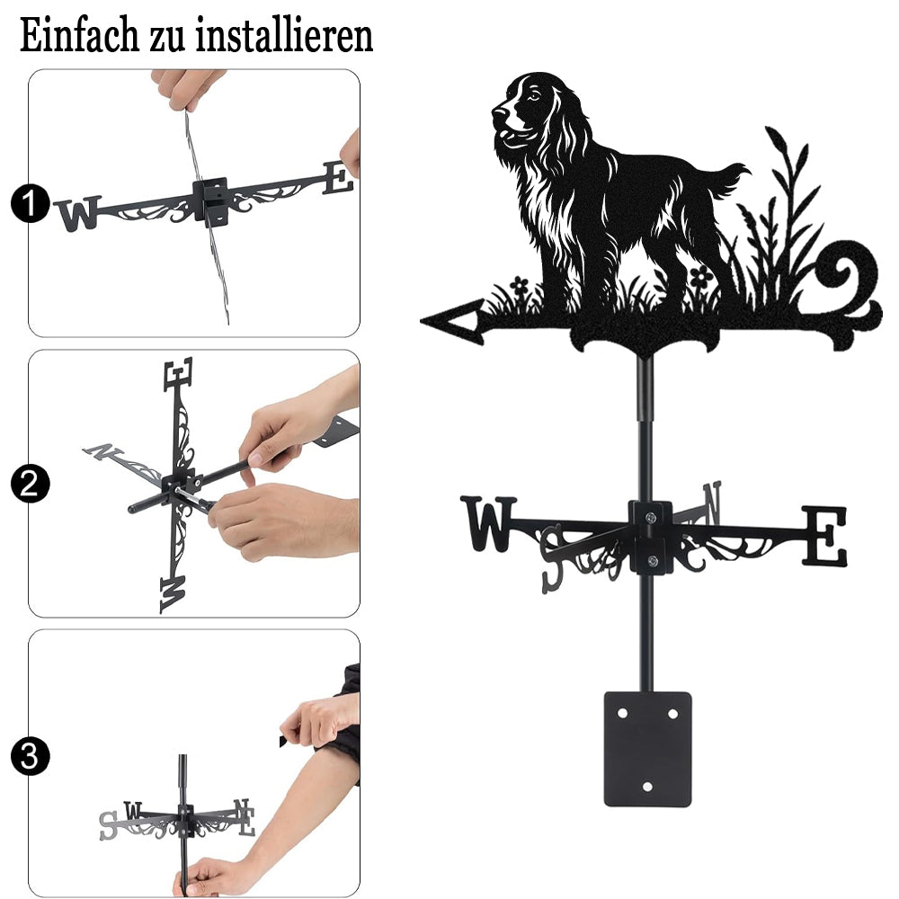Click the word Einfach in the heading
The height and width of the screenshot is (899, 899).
click(x=79, y=36)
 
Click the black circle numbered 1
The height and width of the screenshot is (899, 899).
click(x=30, y=203)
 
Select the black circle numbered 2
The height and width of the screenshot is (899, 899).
click(x=30, y=484)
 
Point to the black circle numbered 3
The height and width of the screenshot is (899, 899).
click(x=30, y=756)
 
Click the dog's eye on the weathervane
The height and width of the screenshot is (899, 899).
click(x=534, y=96)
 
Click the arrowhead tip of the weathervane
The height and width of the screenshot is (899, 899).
click(x=422, y=321)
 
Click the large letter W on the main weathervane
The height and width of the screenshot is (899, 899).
click(x=488, y=523)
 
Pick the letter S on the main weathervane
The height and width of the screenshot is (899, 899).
click(x=552, y=559)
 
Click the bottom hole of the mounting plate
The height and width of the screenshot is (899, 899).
click(x=647, y=787)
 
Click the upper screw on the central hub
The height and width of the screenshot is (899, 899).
click(x=650, y=518)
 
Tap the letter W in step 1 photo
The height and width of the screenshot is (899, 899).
click(x=78, y=213)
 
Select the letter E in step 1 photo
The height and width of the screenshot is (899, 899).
click(x=338, y=178)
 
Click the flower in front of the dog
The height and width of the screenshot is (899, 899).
click(x=520, y=285)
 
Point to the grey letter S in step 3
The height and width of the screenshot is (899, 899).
click(x=109, y=825)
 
